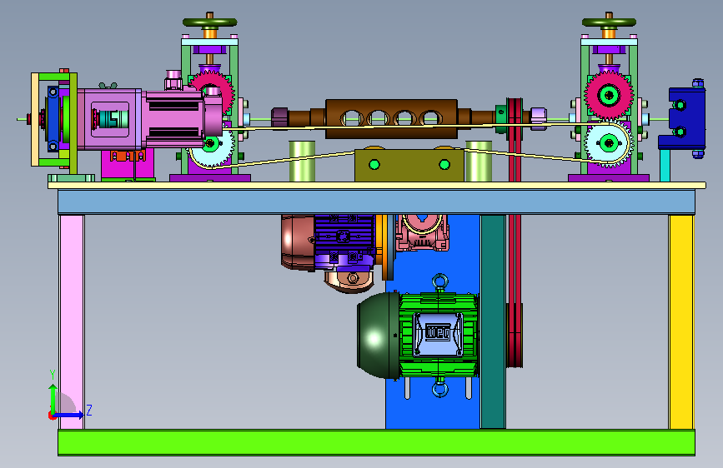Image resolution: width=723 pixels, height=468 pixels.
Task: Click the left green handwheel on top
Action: click(x=210, y=22)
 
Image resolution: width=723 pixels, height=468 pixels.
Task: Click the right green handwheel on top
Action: click(x=609, y=22)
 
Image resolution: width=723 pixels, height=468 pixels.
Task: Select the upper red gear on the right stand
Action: click(x=609, y=96)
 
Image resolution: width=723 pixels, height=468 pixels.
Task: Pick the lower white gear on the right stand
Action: click(x=609, y=143)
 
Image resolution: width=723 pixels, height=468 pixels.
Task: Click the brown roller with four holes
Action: click(x=391, y=118)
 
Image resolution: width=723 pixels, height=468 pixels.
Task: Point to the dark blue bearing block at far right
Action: click(x=682, y=118)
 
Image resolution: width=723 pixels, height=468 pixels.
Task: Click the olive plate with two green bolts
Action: click(x=409, y=164)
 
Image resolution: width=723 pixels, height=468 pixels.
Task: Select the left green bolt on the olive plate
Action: click(x=374, y=164)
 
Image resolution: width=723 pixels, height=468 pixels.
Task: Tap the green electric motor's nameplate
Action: click(x=438, y=333)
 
